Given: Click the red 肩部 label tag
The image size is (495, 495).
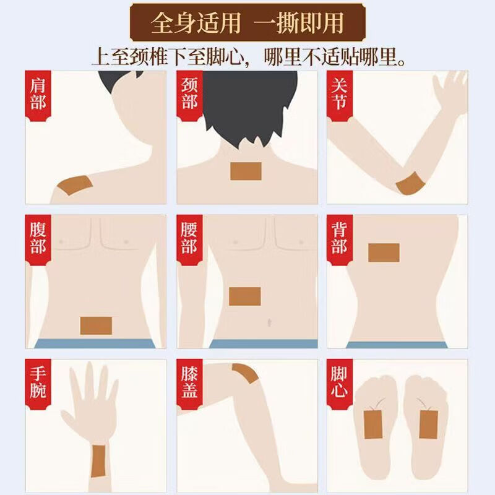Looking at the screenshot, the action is [38, 96].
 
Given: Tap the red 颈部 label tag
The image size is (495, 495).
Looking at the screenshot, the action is [189, 96].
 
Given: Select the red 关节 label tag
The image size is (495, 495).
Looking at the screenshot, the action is [340, 96].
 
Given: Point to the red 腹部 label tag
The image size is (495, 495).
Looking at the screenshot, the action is [38, 240].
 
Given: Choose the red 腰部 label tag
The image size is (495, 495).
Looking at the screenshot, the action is [189, 240].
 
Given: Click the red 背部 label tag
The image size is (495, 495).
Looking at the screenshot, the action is [340, 240].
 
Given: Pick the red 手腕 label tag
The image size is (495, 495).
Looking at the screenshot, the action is [38, 384].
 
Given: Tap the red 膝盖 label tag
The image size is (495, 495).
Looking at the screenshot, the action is [189, 384].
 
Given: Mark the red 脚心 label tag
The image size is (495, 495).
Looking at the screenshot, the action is [340, 384].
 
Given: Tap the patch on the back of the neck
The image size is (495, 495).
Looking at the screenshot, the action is [246, 171].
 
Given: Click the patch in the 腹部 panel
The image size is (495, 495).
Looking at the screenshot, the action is [96, 325].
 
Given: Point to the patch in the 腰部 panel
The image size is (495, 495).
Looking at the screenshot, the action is [245, 296].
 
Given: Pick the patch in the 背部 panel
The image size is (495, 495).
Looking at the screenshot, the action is [384, 252].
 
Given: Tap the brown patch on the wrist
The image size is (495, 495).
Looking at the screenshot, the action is [98, 461].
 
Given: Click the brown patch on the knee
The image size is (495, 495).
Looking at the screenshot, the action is [246, 372].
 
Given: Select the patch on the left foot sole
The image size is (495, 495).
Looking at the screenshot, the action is [374, 424].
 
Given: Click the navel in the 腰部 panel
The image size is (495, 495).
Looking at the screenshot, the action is [269, 322].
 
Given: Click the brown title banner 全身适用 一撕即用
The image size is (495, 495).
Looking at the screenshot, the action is [247, 23].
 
